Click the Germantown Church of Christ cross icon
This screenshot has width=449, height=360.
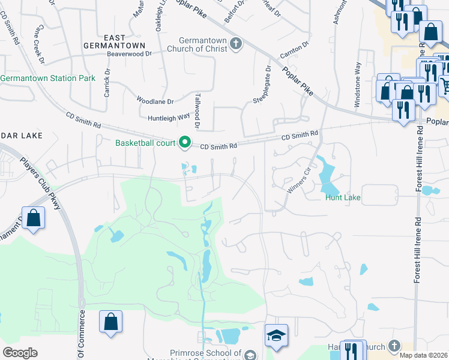(x=236, y=43)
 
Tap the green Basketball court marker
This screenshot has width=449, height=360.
(x=185, y=143)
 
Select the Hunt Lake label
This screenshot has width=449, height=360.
(x=343, y=197)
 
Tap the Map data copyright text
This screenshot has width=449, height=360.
(x=423, y=355)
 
